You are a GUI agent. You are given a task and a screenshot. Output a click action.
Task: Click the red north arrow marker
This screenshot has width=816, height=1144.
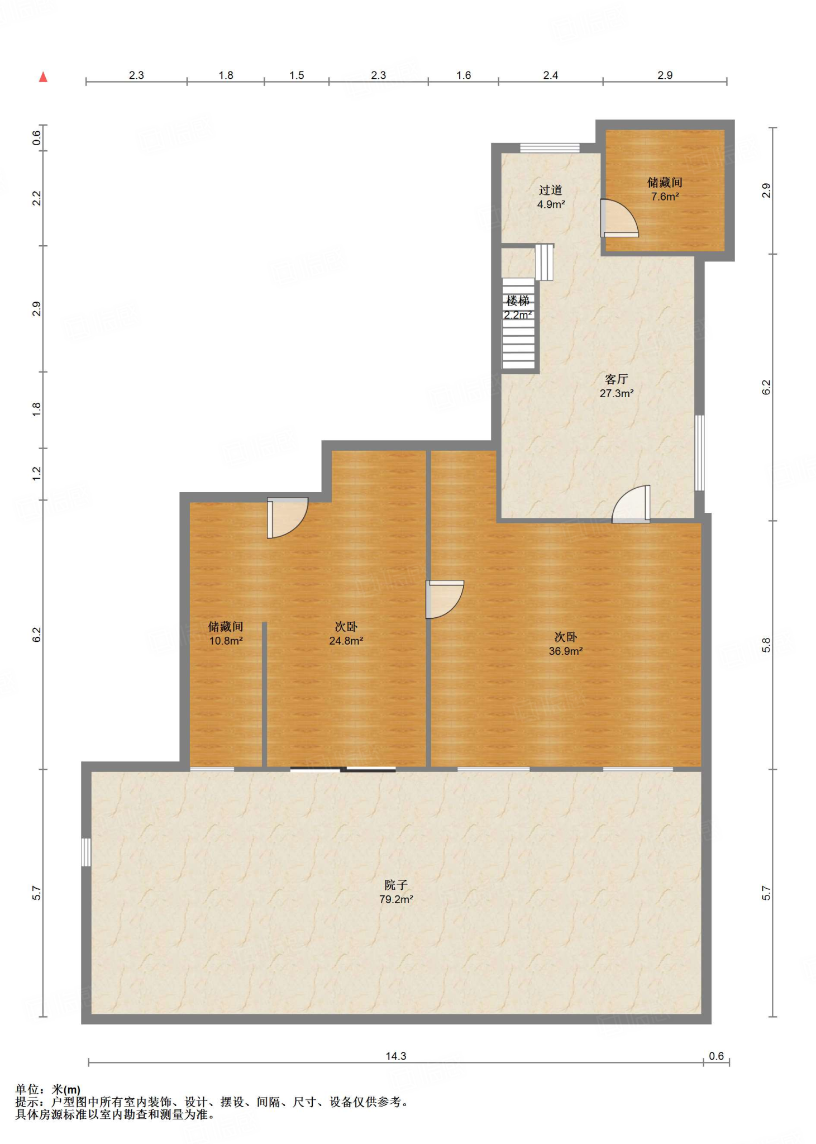pyautogui.click(x=43, y=78)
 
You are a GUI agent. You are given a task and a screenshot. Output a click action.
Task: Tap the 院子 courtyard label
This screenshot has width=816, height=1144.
pyautogui.click(x=396, y=885)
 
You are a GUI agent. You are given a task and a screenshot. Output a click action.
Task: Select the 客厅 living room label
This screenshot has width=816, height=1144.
pyautogui.click(x=616, y=379)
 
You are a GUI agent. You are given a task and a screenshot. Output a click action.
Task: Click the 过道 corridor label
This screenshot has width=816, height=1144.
pyautogui.click(x=551, y=190)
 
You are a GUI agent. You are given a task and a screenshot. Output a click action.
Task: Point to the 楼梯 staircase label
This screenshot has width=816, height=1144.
pyautogui.click(x=518, y=301)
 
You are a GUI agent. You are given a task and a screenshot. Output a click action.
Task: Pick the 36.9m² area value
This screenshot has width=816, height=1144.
pyautogui.click(x=566, y=651)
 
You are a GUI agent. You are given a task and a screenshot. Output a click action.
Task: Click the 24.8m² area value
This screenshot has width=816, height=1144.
pyautogui.click(x=346, y=641)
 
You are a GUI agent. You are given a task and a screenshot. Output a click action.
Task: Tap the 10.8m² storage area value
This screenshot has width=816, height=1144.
pyautogui.click(x=226, y=641)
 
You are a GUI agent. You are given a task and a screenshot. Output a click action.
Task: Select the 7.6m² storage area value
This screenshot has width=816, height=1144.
pyautogui.click(x=665, y=197)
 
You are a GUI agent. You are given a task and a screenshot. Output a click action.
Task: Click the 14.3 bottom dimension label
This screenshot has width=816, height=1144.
pyautogui.click(x=396, y=1056)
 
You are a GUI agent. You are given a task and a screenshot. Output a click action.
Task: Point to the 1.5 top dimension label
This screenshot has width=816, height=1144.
pyautogui.click(x=297, y=75)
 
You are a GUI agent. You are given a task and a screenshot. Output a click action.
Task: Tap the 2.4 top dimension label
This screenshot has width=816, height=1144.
pyautogui.click(x=551, y=75)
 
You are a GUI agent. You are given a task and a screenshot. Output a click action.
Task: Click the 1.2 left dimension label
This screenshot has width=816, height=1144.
pyautogui.click(x=37, y=474)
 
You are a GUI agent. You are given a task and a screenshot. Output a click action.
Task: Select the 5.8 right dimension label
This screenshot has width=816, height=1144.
pyautogui.click(x=766, y=645)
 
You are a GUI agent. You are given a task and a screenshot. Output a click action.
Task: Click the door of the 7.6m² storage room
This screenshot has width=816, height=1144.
pyautogui.click(x=619, y=218)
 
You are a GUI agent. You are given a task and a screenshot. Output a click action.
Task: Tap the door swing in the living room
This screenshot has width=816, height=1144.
pyautogui.click(x=631, y=504)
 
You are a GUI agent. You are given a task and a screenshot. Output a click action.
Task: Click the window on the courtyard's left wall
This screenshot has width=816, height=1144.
pyautogui.click(x=86, y=852)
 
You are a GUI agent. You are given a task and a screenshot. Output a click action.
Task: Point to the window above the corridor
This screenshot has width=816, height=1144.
pyautogui.click(x=550, y=148)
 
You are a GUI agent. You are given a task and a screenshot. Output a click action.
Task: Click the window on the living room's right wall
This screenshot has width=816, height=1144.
pyautogui.click(x=699, y=452)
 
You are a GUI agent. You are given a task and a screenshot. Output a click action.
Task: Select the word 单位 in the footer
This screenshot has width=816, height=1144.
pyautogui.click(x=27, y=1089)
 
